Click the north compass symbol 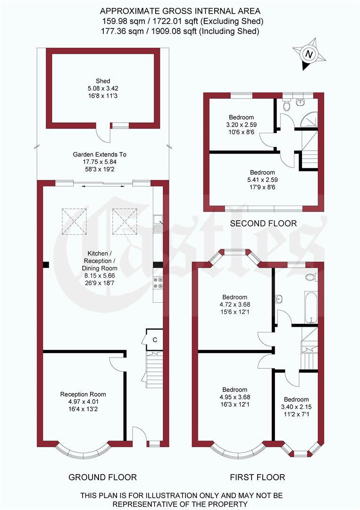[x=309, y=55]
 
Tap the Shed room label [x=103, y=81]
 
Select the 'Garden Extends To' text [x=100, y=154]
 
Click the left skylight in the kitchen [x=75, y=221]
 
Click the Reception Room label [x=83, y=394]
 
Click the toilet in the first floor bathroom [x=312, y=277]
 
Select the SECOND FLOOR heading [x=263, y=223]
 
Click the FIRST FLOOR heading [x=257, y=477]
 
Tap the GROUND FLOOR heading [x=103, y=477]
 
